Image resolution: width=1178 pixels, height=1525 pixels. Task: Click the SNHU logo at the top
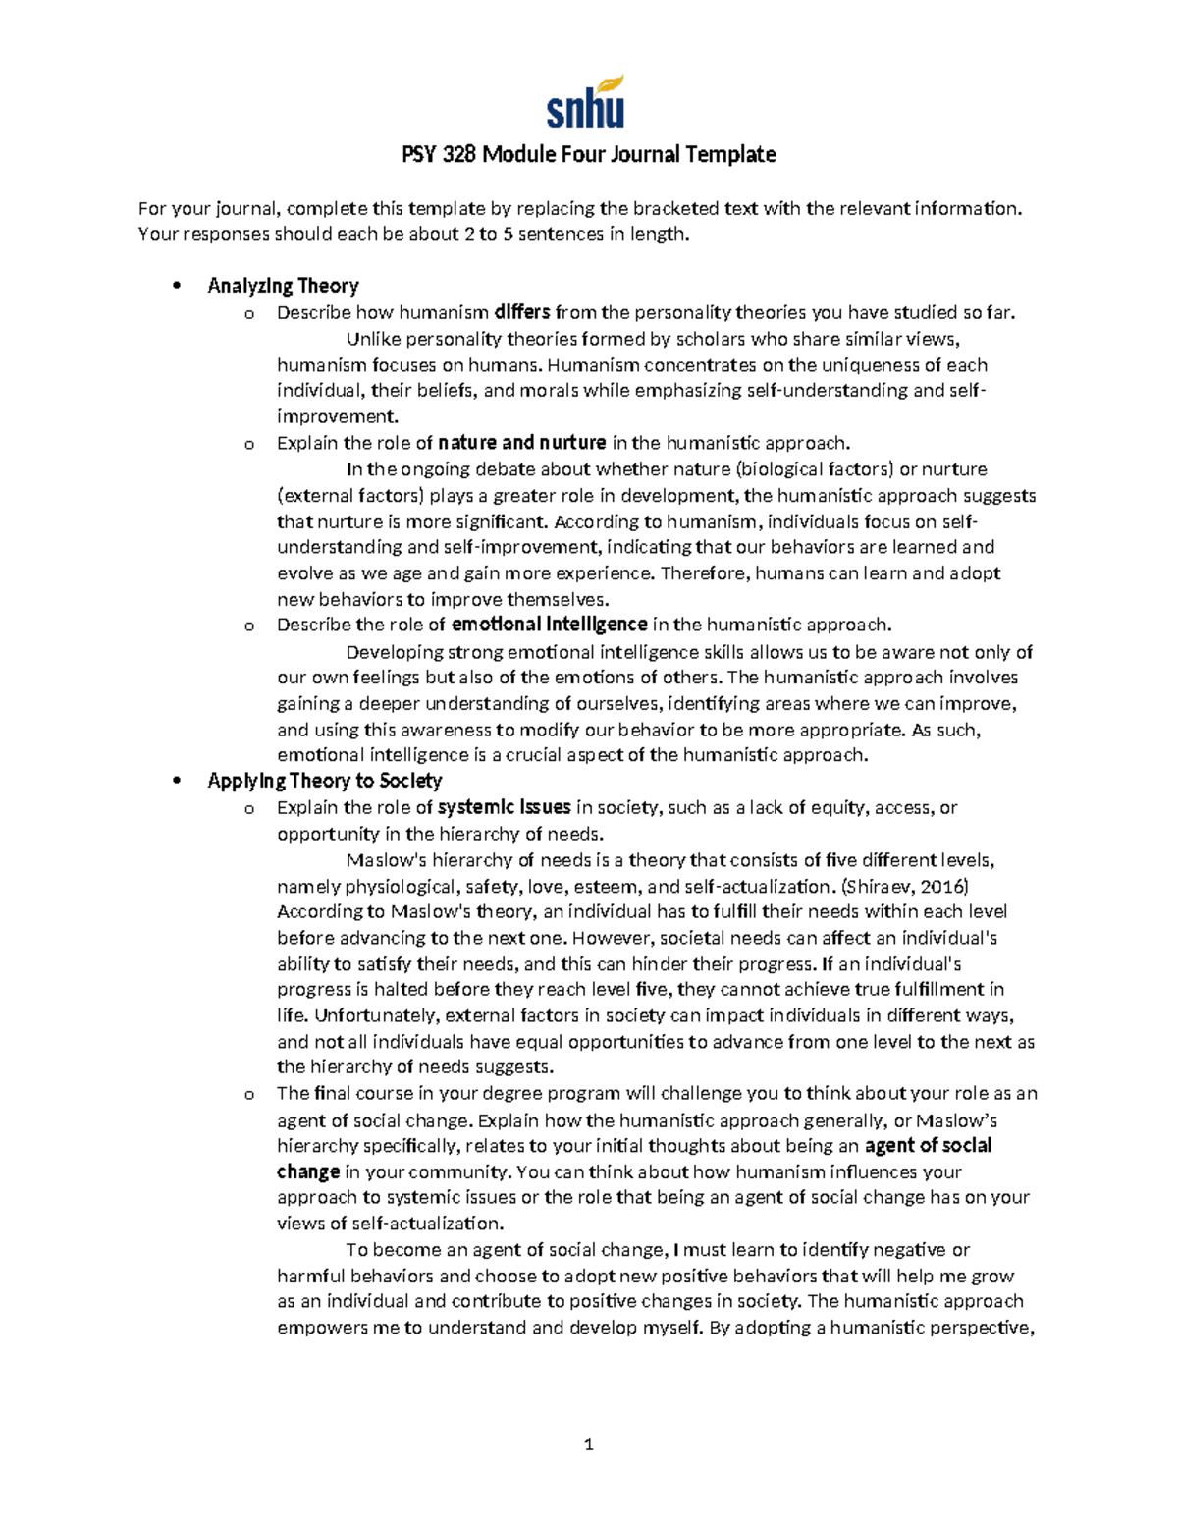[586, 103]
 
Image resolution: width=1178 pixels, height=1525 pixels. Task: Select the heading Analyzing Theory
[283, 286]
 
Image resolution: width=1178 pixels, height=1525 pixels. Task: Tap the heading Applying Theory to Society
[324, 781]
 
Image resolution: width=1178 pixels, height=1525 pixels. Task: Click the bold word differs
[521, 313]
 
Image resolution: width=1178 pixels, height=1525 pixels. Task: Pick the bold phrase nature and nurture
[521, 443]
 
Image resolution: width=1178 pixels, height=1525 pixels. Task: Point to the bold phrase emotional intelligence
[549, 625]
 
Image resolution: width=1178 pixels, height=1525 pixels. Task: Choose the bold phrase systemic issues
[505, 807]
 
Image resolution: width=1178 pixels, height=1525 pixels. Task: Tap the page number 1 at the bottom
[588, 1444]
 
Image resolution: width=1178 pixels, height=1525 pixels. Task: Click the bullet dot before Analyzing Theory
[177, 287]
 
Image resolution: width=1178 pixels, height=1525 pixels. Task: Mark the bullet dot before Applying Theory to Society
[177, 782]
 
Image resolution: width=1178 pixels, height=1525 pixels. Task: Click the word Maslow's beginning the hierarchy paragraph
[386, 860]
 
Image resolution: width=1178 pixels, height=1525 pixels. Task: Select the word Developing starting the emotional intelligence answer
[394, 652]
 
